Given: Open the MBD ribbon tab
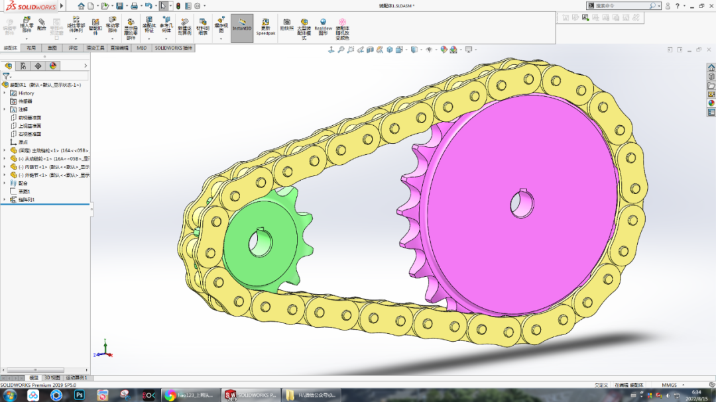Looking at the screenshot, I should (142, 48).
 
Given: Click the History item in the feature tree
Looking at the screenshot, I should (26, 93).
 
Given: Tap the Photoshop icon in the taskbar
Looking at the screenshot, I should (80, 395).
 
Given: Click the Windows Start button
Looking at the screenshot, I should (11, 395).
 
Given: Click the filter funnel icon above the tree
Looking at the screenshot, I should (6, 76).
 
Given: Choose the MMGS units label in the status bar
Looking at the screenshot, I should (669, 385).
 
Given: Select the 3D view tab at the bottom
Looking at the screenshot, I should (52, 378).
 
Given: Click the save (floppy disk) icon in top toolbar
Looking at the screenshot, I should (134, 5).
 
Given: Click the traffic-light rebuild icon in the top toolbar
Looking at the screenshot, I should (178, 5).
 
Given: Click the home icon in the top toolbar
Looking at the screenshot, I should (82, 5).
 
